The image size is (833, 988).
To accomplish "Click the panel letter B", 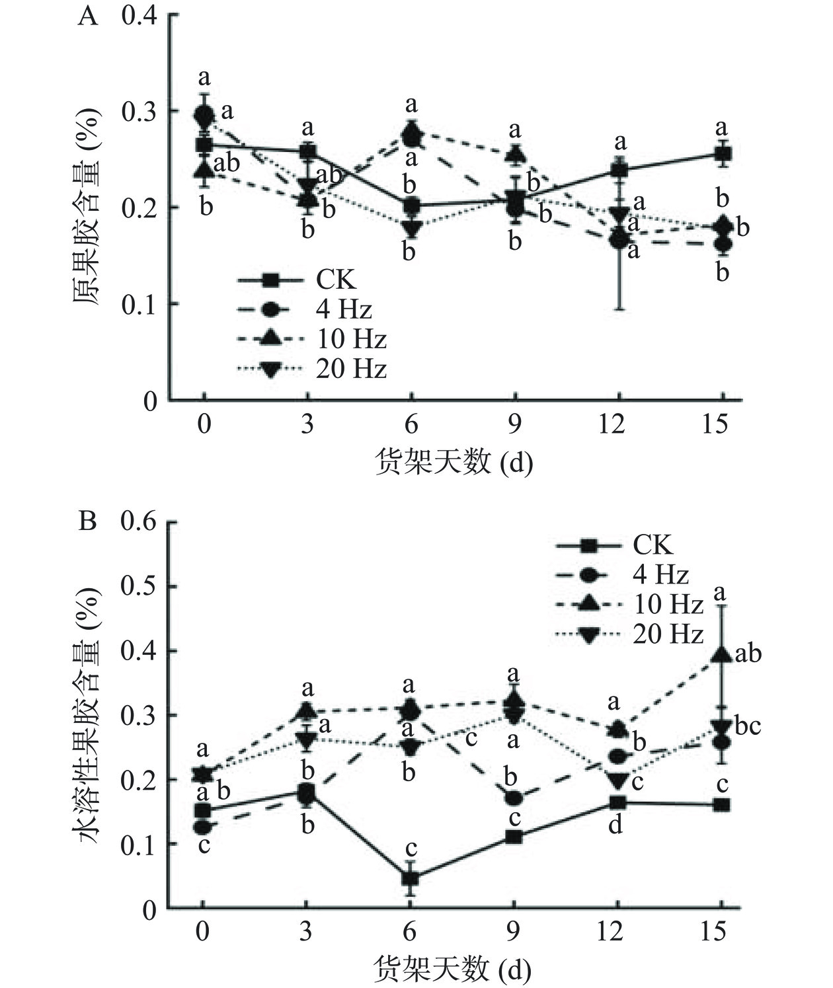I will tap(87, 521).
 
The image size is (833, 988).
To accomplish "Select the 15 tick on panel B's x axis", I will tap(720, 932).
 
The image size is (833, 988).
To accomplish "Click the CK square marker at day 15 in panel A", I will tap(723, 154).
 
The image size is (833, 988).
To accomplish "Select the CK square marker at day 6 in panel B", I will tap(411, 878).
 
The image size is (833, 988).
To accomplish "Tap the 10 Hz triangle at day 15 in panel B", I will tap(721, 655).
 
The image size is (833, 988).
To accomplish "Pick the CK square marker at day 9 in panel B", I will tap(514, 837).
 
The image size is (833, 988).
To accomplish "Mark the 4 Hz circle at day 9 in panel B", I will tap(514, 798).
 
